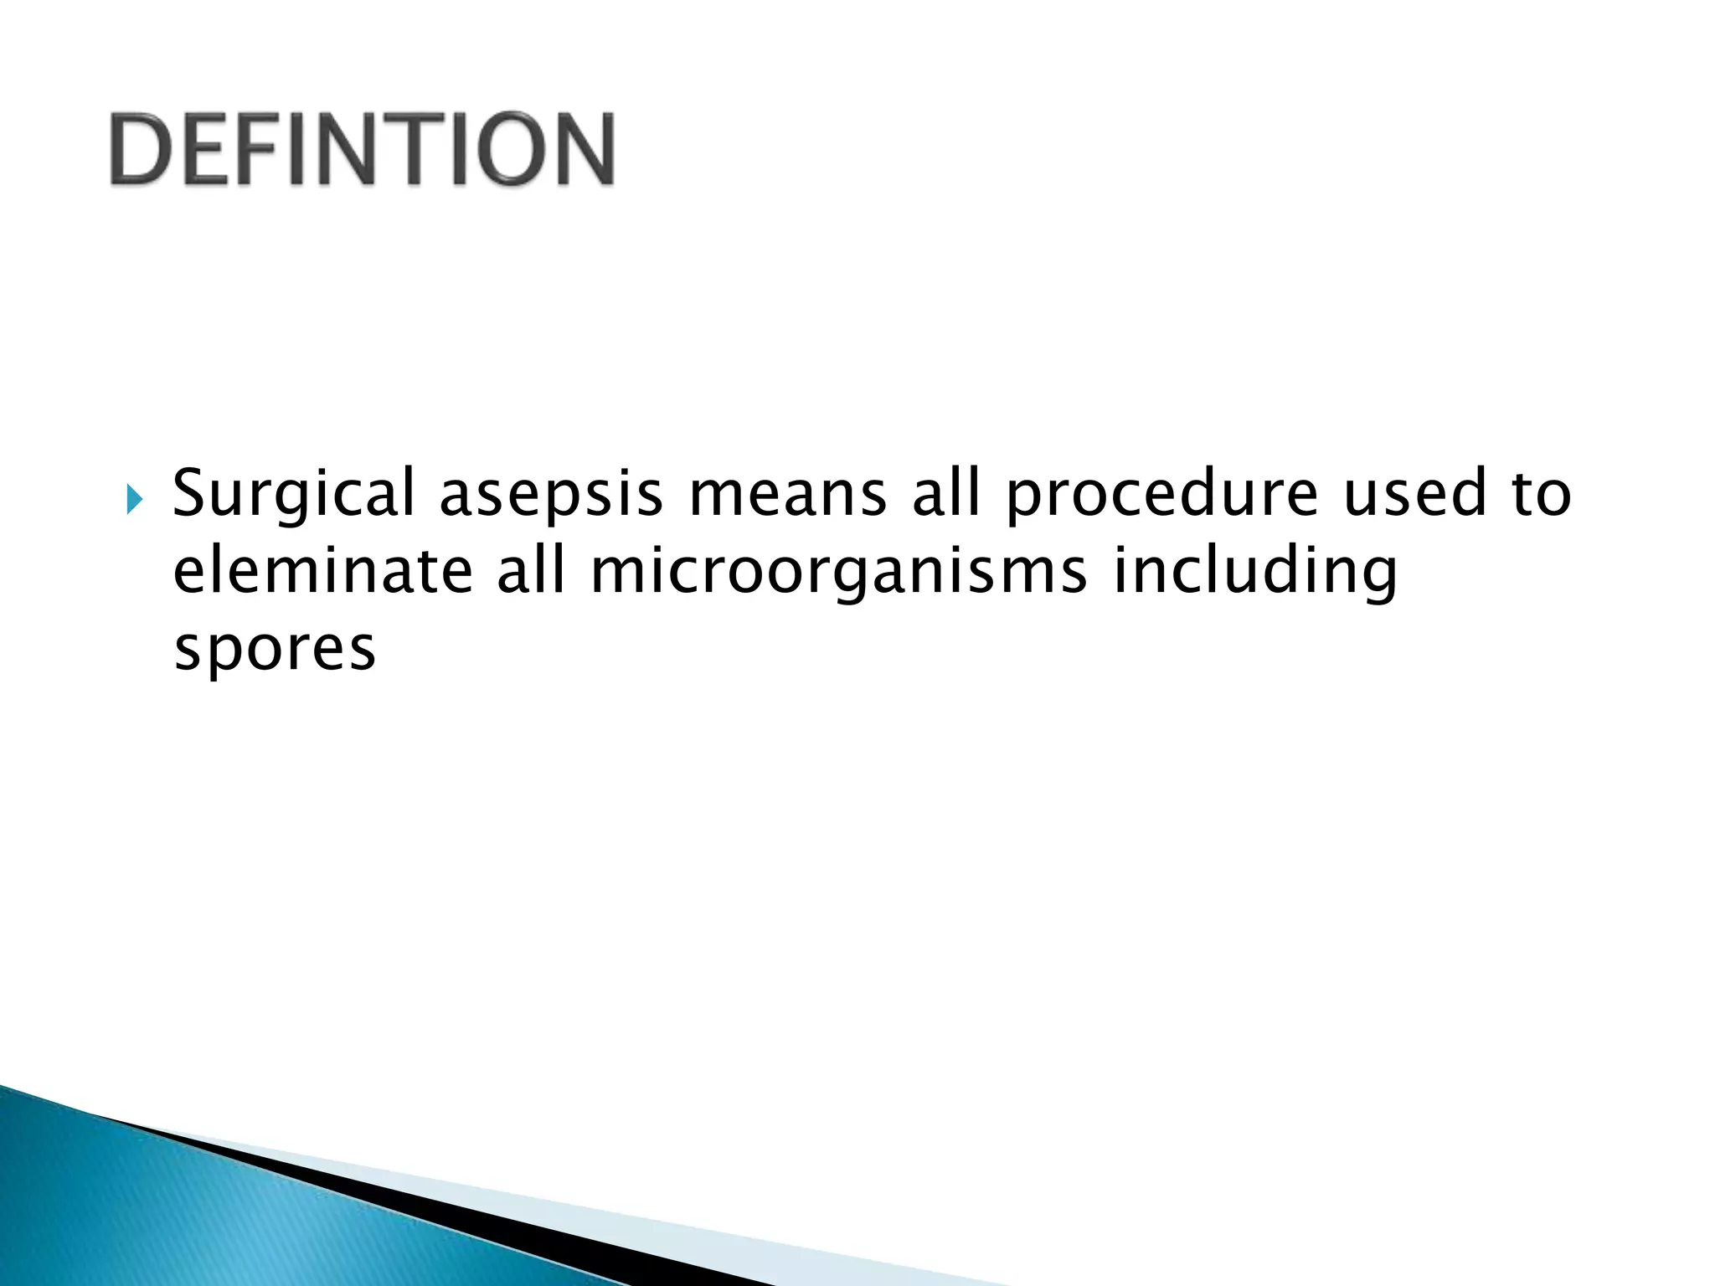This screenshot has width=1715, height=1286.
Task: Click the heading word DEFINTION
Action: [362, 149]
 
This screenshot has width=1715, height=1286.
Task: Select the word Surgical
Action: [293, 494]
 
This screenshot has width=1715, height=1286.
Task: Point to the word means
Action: [787, 494]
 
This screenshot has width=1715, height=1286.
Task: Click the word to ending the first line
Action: [1542, 494]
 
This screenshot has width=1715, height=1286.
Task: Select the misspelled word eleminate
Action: [323, 571]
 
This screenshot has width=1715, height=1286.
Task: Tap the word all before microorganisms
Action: [531, 570]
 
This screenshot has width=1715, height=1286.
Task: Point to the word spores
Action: [275, 650]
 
